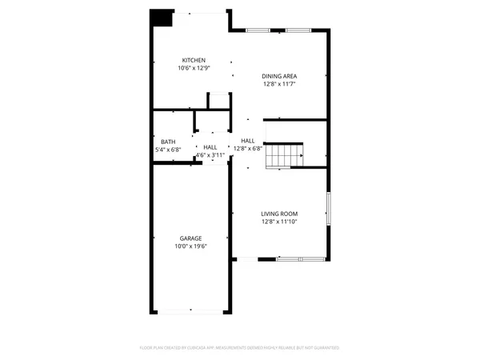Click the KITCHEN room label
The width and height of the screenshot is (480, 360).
point(194,61)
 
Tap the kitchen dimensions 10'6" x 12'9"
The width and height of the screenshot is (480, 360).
point(194,69)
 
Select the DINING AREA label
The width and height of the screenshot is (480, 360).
point(279,76)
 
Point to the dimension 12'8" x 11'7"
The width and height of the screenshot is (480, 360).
point(279,84)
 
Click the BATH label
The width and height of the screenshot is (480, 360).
point(168,142)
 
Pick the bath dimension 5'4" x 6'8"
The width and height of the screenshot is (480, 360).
point(168,150)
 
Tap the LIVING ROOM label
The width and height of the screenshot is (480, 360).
point(279,214)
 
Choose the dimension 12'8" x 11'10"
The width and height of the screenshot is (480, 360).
point(279,222)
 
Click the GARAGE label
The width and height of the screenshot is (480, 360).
point(190,238)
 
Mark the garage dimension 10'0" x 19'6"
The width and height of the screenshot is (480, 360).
point(190,246)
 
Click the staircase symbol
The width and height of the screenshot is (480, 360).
point(285,155)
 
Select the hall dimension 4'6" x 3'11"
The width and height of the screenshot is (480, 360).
point(210,155)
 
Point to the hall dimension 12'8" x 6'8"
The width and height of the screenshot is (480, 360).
point(248,148)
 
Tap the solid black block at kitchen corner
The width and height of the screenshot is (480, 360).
point(162,18)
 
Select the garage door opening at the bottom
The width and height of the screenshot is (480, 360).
point(190,310)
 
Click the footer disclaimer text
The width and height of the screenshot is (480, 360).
point(240,348)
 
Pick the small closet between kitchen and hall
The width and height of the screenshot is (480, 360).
point(218,102)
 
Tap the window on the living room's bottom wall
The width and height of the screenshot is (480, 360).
point(300,258)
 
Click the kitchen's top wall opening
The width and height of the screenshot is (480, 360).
point(200,12)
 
